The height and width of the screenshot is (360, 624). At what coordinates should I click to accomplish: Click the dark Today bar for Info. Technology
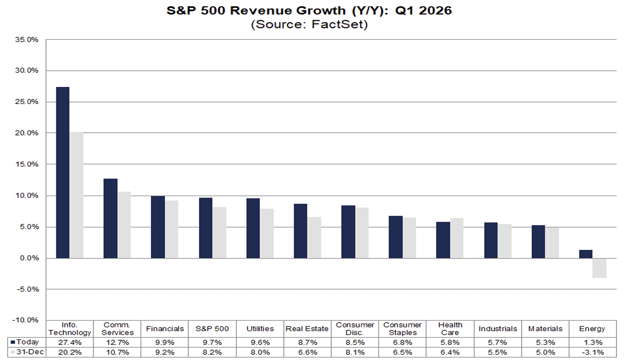coord(62,172)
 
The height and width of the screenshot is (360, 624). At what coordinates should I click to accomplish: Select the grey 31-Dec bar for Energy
coord(599,268)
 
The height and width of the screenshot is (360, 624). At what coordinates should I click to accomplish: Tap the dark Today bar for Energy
coord(585,254)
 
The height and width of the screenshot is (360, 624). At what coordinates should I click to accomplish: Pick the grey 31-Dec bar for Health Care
coord(457,238)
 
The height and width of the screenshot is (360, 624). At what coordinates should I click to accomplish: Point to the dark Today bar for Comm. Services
coord(110,218)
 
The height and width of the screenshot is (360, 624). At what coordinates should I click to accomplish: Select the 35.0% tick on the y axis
coord(28,40)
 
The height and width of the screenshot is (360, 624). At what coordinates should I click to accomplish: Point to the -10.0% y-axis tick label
coord(27,320)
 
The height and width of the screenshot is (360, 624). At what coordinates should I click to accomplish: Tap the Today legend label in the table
coord(28,342)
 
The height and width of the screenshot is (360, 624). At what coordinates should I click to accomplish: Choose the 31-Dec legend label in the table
coord(29,352)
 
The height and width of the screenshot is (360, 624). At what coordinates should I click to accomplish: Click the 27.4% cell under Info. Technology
coord(69,342)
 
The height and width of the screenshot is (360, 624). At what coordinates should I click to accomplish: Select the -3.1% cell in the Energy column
coord(592,352)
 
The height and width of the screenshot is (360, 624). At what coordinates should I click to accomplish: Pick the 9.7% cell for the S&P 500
coord(213,342)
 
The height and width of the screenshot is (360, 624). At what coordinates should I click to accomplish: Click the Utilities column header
coord(260,329)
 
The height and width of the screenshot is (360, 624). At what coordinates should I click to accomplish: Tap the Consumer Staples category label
coord(402,329)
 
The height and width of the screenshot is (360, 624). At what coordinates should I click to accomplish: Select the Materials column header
coord(545,329)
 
